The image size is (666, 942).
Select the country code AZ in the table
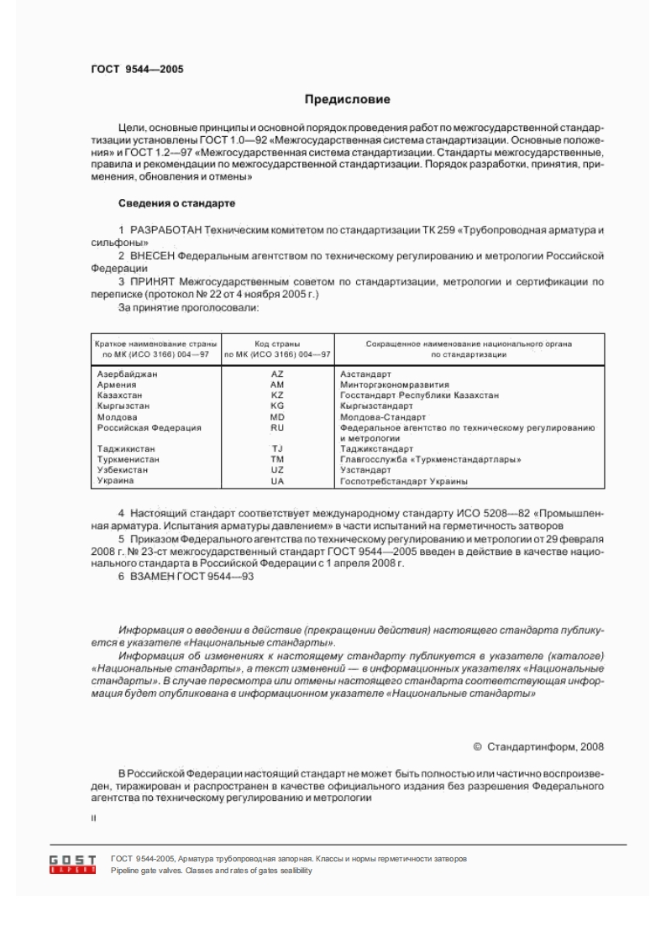click(278, 373)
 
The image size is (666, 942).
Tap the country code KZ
click(278, 395)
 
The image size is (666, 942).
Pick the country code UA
click(278, 482)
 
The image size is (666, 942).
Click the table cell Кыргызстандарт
click(376, 406)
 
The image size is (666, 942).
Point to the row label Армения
click(118, 384)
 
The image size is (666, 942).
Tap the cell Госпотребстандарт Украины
click(404, 482)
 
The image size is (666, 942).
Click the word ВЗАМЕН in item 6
click(149, 577)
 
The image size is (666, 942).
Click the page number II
click(93, 815)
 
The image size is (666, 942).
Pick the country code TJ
click(278, 449)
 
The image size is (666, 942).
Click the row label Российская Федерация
click(149, 427)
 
